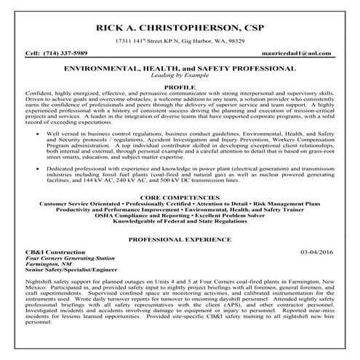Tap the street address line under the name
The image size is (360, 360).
tap(179, 44)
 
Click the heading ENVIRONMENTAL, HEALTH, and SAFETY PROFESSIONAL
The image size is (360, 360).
tap(180, 67)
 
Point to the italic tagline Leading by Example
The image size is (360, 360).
tap(179, 75)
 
